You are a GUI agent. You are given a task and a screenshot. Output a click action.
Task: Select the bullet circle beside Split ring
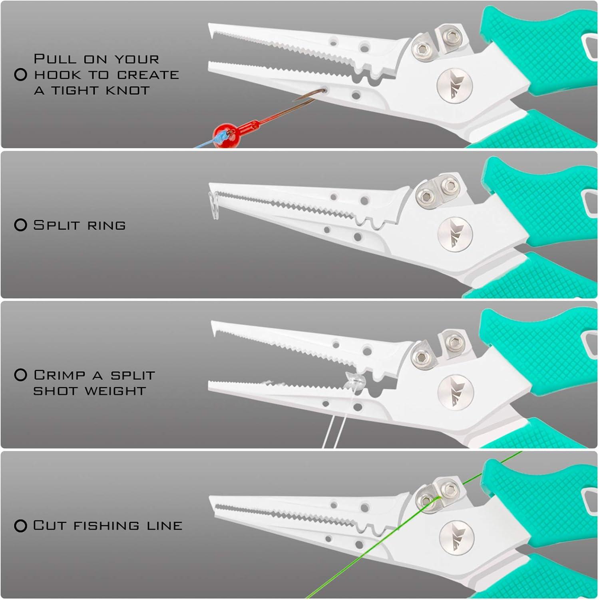pyautogui.click(x=20, y=225)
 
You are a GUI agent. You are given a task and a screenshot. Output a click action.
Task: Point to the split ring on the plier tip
pyautogui.click(x=214, y=205)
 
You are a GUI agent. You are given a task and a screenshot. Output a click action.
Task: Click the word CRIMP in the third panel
pyautogui.click(x=60, y=375)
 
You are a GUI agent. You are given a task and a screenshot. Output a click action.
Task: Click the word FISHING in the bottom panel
pyautogui.click(x=106, y=526)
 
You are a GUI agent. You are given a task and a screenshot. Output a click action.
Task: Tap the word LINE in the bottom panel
pyautogui.click(x=164, y=526)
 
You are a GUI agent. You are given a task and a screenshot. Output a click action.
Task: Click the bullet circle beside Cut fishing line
pyautogui.click(x=20, y=526)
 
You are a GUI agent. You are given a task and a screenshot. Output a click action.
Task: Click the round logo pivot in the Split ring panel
pyautogui.click(x=455, y=234)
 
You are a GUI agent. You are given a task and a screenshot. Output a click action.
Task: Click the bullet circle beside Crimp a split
pyautogui.click(x=20, y=375)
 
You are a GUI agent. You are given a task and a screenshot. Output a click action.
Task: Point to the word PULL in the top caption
pyautogui.click(x=55, y=59)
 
